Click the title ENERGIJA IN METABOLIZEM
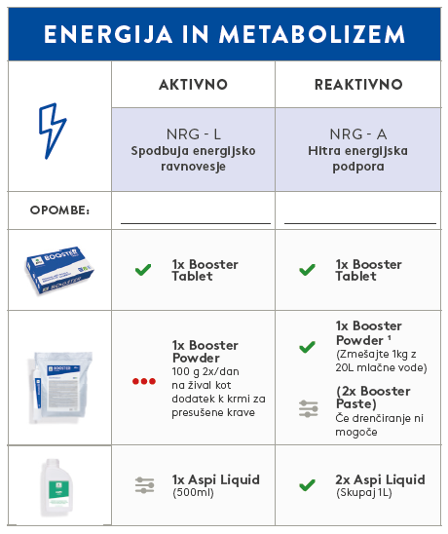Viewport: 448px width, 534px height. coord(224,35)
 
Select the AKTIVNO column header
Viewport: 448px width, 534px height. coord(193,85)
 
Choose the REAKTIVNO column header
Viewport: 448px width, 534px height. coord(357,85)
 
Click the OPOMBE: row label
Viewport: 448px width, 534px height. coord(59,210)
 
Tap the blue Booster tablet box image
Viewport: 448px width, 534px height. coord(60,269)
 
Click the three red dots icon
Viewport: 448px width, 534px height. coord(143,380)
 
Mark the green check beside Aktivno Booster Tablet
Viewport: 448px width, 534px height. coord(143,270)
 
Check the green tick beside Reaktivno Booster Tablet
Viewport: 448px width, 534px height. coord(307,270)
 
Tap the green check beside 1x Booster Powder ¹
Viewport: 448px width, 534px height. coord(307,346)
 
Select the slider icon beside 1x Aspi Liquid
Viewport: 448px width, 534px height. coord(143,485)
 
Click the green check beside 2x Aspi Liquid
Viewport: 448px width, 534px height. coord(307,484)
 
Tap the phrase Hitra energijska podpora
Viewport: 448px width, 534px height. coord(357,159)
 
